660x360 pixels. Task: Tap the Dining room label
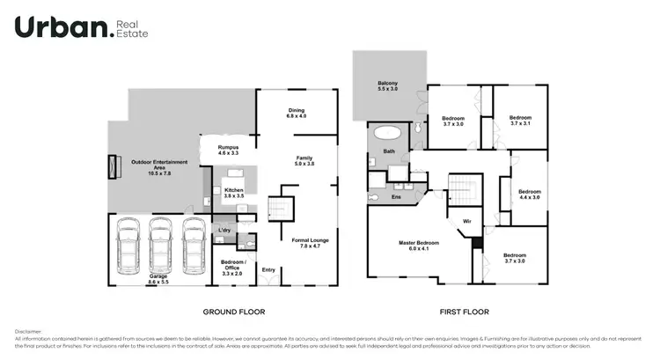pos(296,113)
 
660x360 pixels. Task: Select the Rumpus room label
pos(229,150)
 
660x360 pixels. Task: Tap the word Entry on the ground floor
pos(268,270)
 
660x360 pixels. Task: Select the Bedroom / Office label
pos(233,267)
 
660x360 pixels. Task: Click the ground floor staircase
pos(279,209)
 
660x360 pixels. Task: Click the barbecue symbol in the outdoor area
pos(113,166)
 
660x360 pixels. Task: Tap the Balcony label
pos(387,85)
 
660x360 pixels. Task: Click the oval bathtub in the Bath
pos(387,134)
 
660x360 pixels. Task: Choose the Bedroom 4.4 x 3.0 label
pos(530,195)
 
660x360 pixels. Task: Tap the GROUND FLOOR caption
pos(234,312)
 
